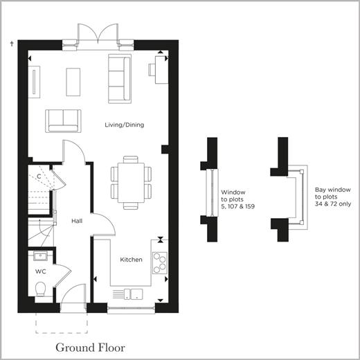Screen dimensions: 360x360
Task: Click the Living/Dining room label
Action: coord(125,125)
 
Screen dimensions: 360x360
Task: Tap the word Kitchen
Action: coord(131,260)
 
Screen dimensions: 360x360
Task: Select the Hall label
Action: coord(77,221)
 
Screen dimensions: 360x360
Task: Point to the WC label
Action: coord(41,271)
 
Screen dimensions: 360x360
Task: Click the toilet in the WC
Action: coord(40,289)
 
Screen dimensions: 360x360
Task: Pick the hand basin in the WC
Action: coord(40,256)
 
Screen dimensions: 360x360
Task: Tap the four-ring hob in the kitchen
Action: coord(160,263)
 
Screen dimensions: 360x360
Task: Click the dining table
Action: coord(131,183)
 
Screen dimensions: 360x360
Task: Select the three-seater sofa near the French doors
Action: coord(120,79)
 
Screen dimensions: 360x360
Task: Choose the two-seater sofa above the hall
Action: coord(63,121)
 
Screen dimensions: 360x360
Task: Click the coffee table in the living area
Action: coord(73,82)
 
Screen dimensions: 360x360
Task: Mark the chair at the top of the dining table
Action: coord(131,159)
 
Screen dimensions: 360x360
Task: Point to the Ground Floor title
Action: coord(91,348)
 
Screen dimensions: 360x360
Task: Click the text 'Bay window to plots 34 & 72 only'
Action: coord(333,197)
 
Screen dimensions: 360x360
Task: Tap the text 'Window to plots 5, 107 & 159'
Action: coord(237,199)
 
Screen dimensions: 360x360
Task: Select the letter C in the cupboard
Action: coord(39,177)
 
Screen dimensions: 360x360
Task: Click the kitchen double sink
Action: coord(134,294)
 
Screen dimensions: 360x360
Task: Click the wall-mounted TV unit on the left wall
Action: coord(34,82)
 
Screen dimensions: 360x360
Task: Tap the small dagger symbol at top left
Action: coord(12,44)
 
